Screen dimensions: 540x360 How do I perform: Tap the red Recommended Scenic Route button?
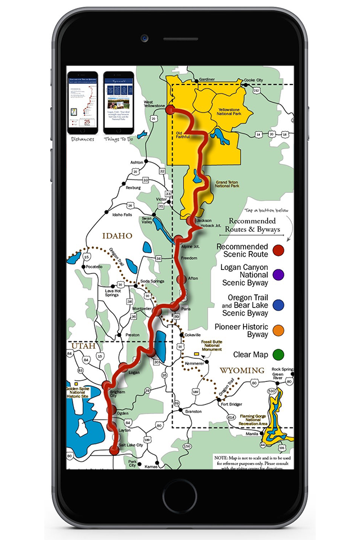pyautogui.click(x=278, y=250)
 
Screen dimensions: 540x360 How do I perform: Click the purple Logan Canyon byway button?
pyautogui.click(x=278, y=275)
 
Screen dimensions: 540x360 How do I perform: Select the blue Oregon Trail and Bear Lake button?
pyautogui.click(x=278, y=304)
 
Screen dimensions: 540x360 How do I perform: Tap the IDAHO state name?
pyautogui.click(x=116, y=236)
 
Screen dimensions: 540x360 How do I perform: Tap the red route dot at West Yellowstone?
pyautogui.click(x=171, y=110)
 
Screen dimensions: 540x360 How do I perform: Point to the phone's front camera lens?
pyautogui.click(x=145, y=38)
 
